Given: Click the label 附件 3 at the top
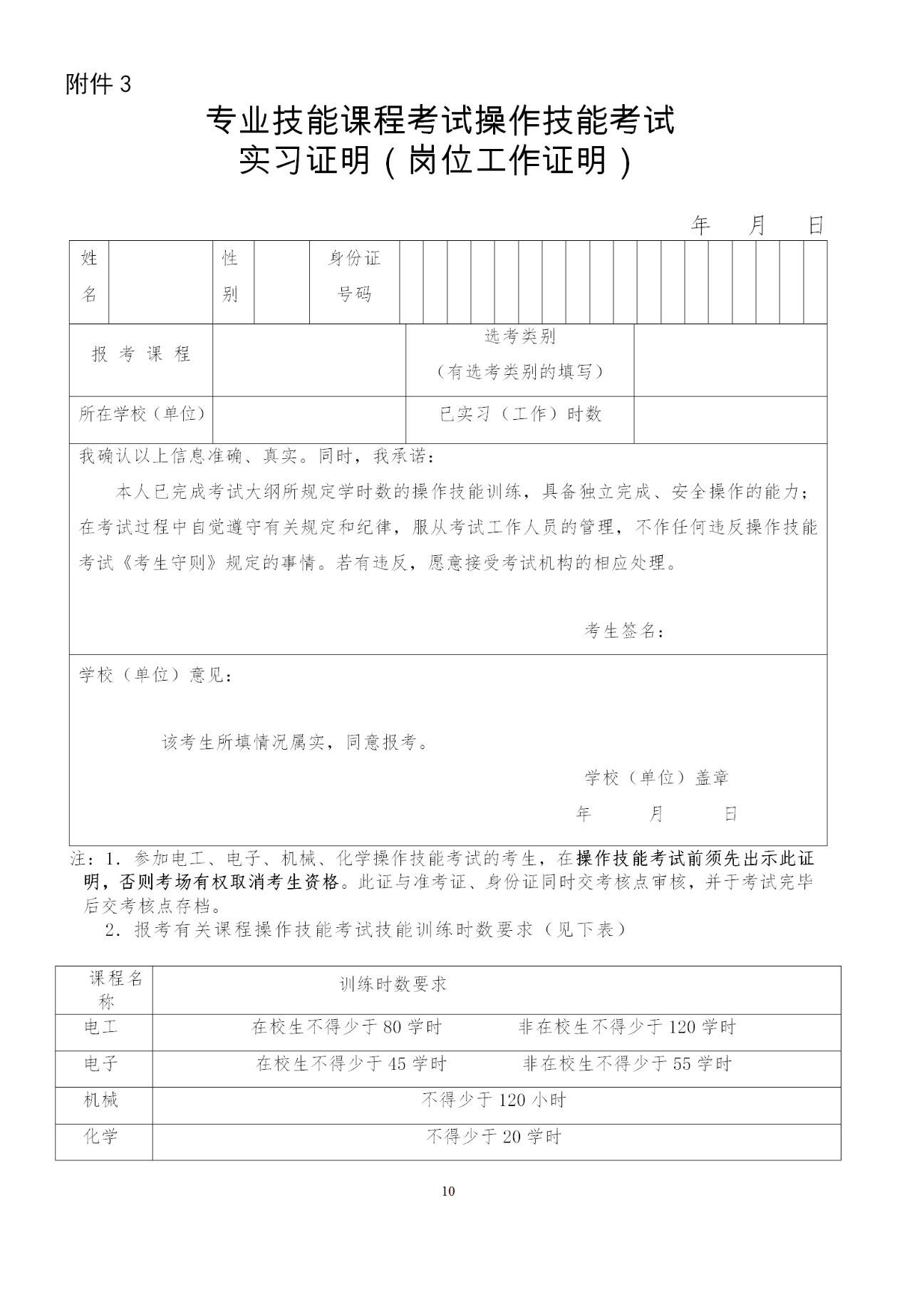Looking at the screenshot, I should pyautogui.click(x=98, y=85).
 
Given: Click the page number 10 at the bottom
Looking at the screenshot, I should pyautogui.click(x=448, y=1191).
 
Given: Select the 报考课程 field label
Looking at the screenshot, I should pyautogui.click(x=141, y=354).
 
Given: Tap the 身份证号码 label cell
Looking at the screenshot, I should pyautogui.click(x=354, y=276).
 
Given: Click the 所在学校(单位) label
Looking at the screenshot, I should pyautogui.click(x=141, y=414).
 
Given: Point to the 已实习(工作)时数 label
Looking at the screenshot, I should pyautogui.click(x=520, y=414).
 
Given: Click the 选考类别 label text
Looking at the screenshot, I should pyautogui.click(x=520, y=336).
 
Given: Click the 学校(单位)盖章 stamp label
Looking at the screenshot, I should pyautogui.click(x=656, y=778).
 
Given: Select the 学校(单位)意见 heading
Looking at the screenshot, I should pyautogui.click(x=155, y=674).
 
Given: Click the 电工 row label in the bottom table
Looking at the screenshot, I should pyautogui.click(x=101, y=1027).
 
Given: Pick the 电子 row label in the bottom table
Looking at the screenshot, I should pyautogui.click(x=101, y=1064).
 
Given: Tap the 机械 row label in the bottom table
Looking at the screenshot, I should pyautogui.click(x=101, y=1100).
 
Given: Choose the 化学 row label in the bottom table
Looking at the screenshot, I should pyautogui.click(x=101, y=1137).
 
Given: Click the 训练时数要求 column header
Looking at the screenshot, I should pyautogui.click(x=393, y=984).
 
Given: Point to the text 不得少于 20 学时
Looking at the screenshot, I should pyautogui.click(x=494, y=1137).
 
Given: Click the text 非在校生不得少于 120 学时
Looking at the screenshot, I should pyautogui.click(x=627, y=1027).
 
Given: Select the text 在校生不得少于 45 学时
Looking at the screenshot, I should pyautogui.click(x=351, y=1064).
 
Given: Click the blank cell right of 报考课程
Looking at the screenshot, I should pyautogui.click(x=309, y=360).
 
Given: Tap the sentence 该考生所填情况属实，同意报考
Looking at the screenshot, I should pyautogui.click(x=296, y=743).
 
